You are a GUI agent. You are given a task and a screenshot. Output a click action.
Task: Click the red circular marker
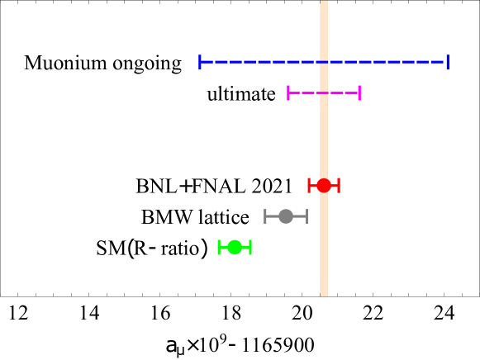[x=324, y=185]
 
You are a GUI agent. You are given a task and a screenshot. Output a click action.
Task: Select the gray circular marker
[x=286, y=216]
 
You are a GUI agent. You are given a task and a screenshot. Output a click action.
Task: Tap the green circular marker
[x=235, y=247]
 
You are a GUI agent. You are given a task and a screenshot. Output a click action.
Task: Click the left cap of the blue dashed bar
[x=200, y=62]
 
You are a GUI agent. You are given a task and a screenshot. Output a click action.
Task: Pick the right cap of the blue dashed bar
[x=447, y=62]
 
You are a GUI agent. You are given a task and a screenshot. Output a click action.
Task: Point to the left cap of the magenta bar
[x=288, y=92]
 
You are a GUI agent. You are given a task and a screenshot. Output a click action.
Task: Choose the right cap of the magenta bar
[x=359, y=92]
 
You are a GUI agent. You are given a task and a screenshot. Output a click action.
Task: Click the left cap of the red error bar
[x=309, y=185]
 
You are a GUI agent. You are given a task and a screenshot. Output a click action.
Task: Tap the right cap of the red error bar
[x=339, y=185]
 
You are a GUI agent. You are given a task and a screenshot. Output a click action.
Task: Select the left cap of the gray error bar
[x=265, y=216]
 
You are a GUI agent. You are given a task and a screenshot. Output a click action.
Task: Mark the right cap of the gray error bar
[x=307, y=216]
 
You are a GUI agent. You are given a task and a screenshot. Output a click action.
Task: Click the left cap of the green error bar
[x=219, y=247]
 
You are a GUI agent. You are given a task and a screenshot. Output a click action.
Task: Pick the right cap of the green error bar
[x=250, y=247]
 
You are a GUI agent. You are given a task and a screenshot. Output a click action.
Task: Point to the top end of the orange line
[x=324, y=2]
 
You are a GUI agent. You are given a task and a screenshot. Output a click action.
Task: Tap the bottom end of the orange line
[x=324, y=294]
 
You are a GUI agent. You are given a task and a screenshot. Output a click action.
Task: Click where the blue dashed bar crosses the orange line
[x=324, y=62]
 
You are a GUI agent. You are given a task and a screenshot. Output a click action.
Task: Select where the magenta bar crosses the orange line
[x=324, y=92]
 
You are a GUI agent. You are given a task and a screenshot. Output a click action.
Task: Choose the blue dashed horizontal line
[x=248, y=62]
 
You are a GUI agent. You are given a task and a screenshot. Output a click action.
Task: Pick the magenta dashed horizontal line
[x=306, y=92]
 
